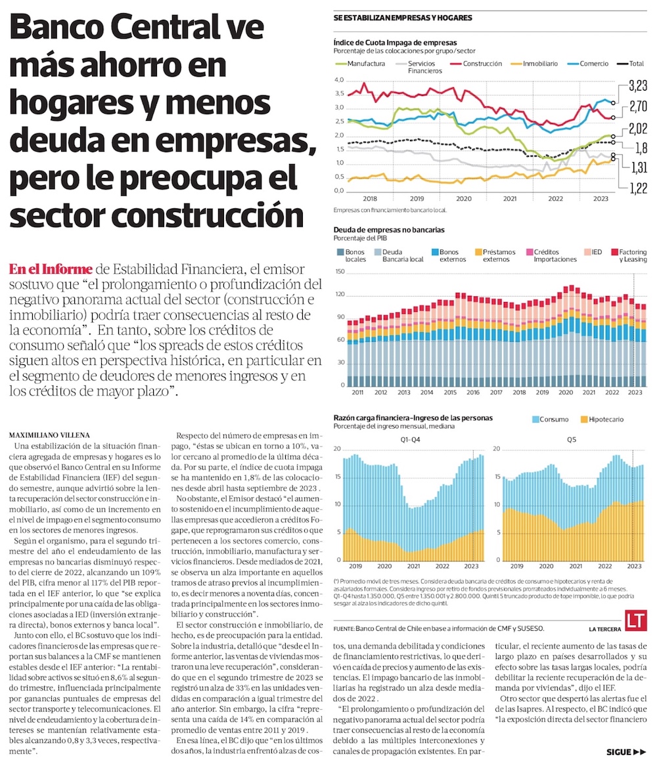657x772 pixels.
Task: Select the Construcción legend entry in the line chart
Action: click(482, 64)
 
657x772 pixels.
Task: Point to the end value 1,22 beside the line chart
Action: click(638, 188)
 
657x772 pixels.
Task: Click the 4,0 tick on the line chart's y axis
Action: click(339, 79)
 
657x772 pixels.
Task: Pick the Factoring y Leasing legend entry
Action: click(633, 255)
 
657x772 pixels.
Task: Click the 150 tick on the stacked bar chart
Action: click(339, 271)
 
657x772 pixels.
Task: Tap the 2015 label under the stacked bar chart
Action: click(449, 392)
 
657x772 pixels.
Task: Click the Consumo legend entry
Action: click(553, 418)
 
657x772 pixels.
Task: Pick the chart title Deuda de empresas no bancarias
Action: click(389, 230)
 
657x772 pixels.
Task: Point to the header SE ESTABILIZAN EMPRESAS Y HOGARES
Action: click(402, 18)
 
